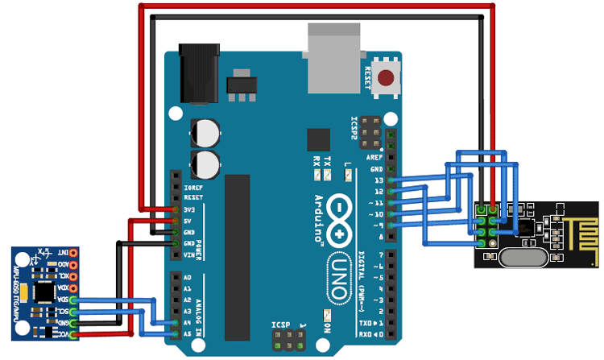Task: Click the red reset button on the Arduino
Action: click(388, 78)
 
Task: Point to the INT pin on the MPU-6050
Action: click(73, 253)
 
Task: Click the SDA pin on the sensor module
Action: click(73, 299)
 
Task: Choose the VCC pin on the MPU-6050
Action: click(73, 333)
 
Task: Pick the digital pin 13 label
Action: click(379, 181)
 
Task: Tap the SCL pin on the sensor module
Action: click(73, 310)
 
